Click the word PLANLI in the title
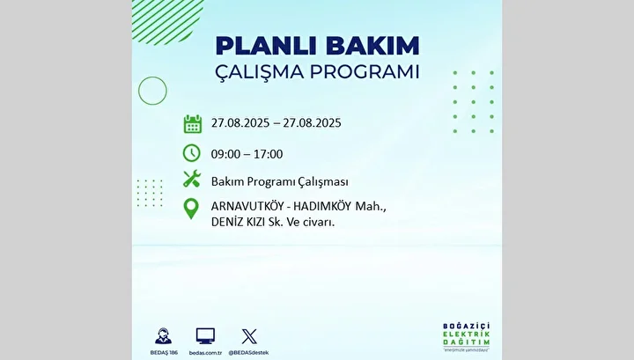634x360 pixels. point(268,46)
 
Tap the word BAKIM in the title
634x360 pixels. point(372,46)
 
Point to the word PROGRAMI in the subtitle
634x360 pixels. point(365,71)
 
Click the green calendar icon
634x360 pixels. point(193,123)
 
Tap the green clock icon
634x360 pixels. point(192,153)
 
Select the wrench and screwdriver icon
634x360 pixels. point(192,179)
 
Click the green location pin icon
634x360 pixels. point(191,209)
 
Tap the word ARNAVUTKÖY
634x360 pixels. point(247,206)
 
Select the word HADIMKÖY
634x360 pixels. point(322,206)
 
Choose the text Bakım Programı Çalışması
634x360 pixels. point(280,182)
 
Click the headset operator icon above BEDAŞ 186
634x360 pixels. point(164,336)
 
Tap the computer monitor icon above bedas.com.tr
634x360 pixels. point(205,336)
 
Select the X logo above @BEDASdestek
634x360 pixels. point(249,336)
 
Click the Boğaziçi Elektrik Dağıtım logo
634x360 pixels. point(466,336)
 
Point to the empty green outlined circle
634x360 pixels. point(138,91)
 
